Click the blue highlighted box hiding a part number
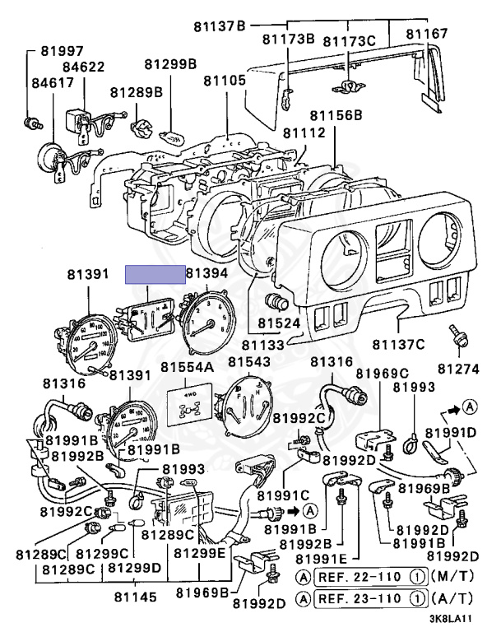click(x=155, y=275)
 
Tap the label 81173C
click(x=349, y=40)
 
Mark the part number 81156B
click(x=335, y=115)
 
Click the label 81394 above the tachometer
click(x=207, y=273)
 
